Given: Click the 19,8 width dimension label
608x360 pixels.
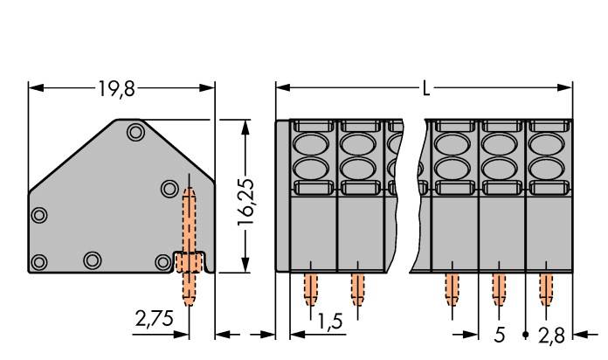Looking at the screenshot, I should pos(117,88).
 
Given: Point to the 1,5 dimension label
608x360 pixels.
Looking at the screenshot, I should pos(328,322).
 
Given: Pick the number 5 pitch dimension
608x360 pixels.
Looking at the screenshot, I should pos(500,334).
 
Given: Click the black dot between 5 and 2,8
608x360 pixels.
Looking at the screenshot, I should pos(525,335).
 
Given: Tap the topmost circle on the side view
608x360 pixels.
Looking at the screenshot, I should pos(135,133).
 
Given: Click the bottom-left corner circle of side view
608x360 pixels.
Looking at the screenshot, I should pos(38,261).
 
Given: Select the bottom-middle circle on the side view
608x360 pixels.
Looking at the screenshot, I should pos(92,260).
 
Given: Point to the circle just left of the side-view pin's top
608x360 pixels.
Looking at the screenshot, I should pos(169,188).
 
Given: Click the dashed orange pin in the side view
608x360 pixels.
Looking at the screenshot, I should pos(190,236).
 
